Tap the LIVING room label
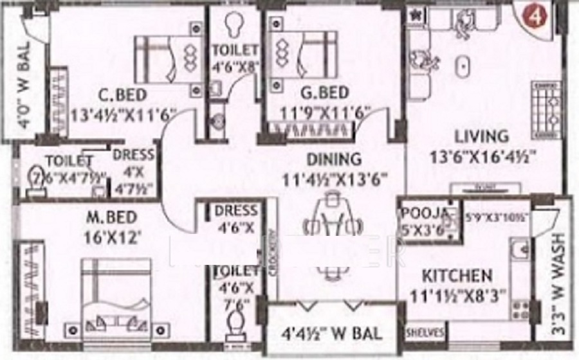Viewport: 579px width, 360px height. [x=481, y=136]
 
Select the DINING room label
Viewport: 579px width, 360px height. [x=333, y=158]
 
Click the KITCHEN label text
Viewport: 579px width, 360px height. [x=457, y=276]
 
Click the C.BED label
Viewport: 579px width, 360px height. [x=122, y=96]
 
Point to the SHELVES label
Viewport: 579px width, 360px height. [x=425, y=332]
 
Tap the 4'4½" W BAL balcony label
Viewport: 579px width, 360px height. [x=333, y=334]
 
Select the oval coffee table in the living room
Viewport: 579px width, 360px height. [x=462, y=67]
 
